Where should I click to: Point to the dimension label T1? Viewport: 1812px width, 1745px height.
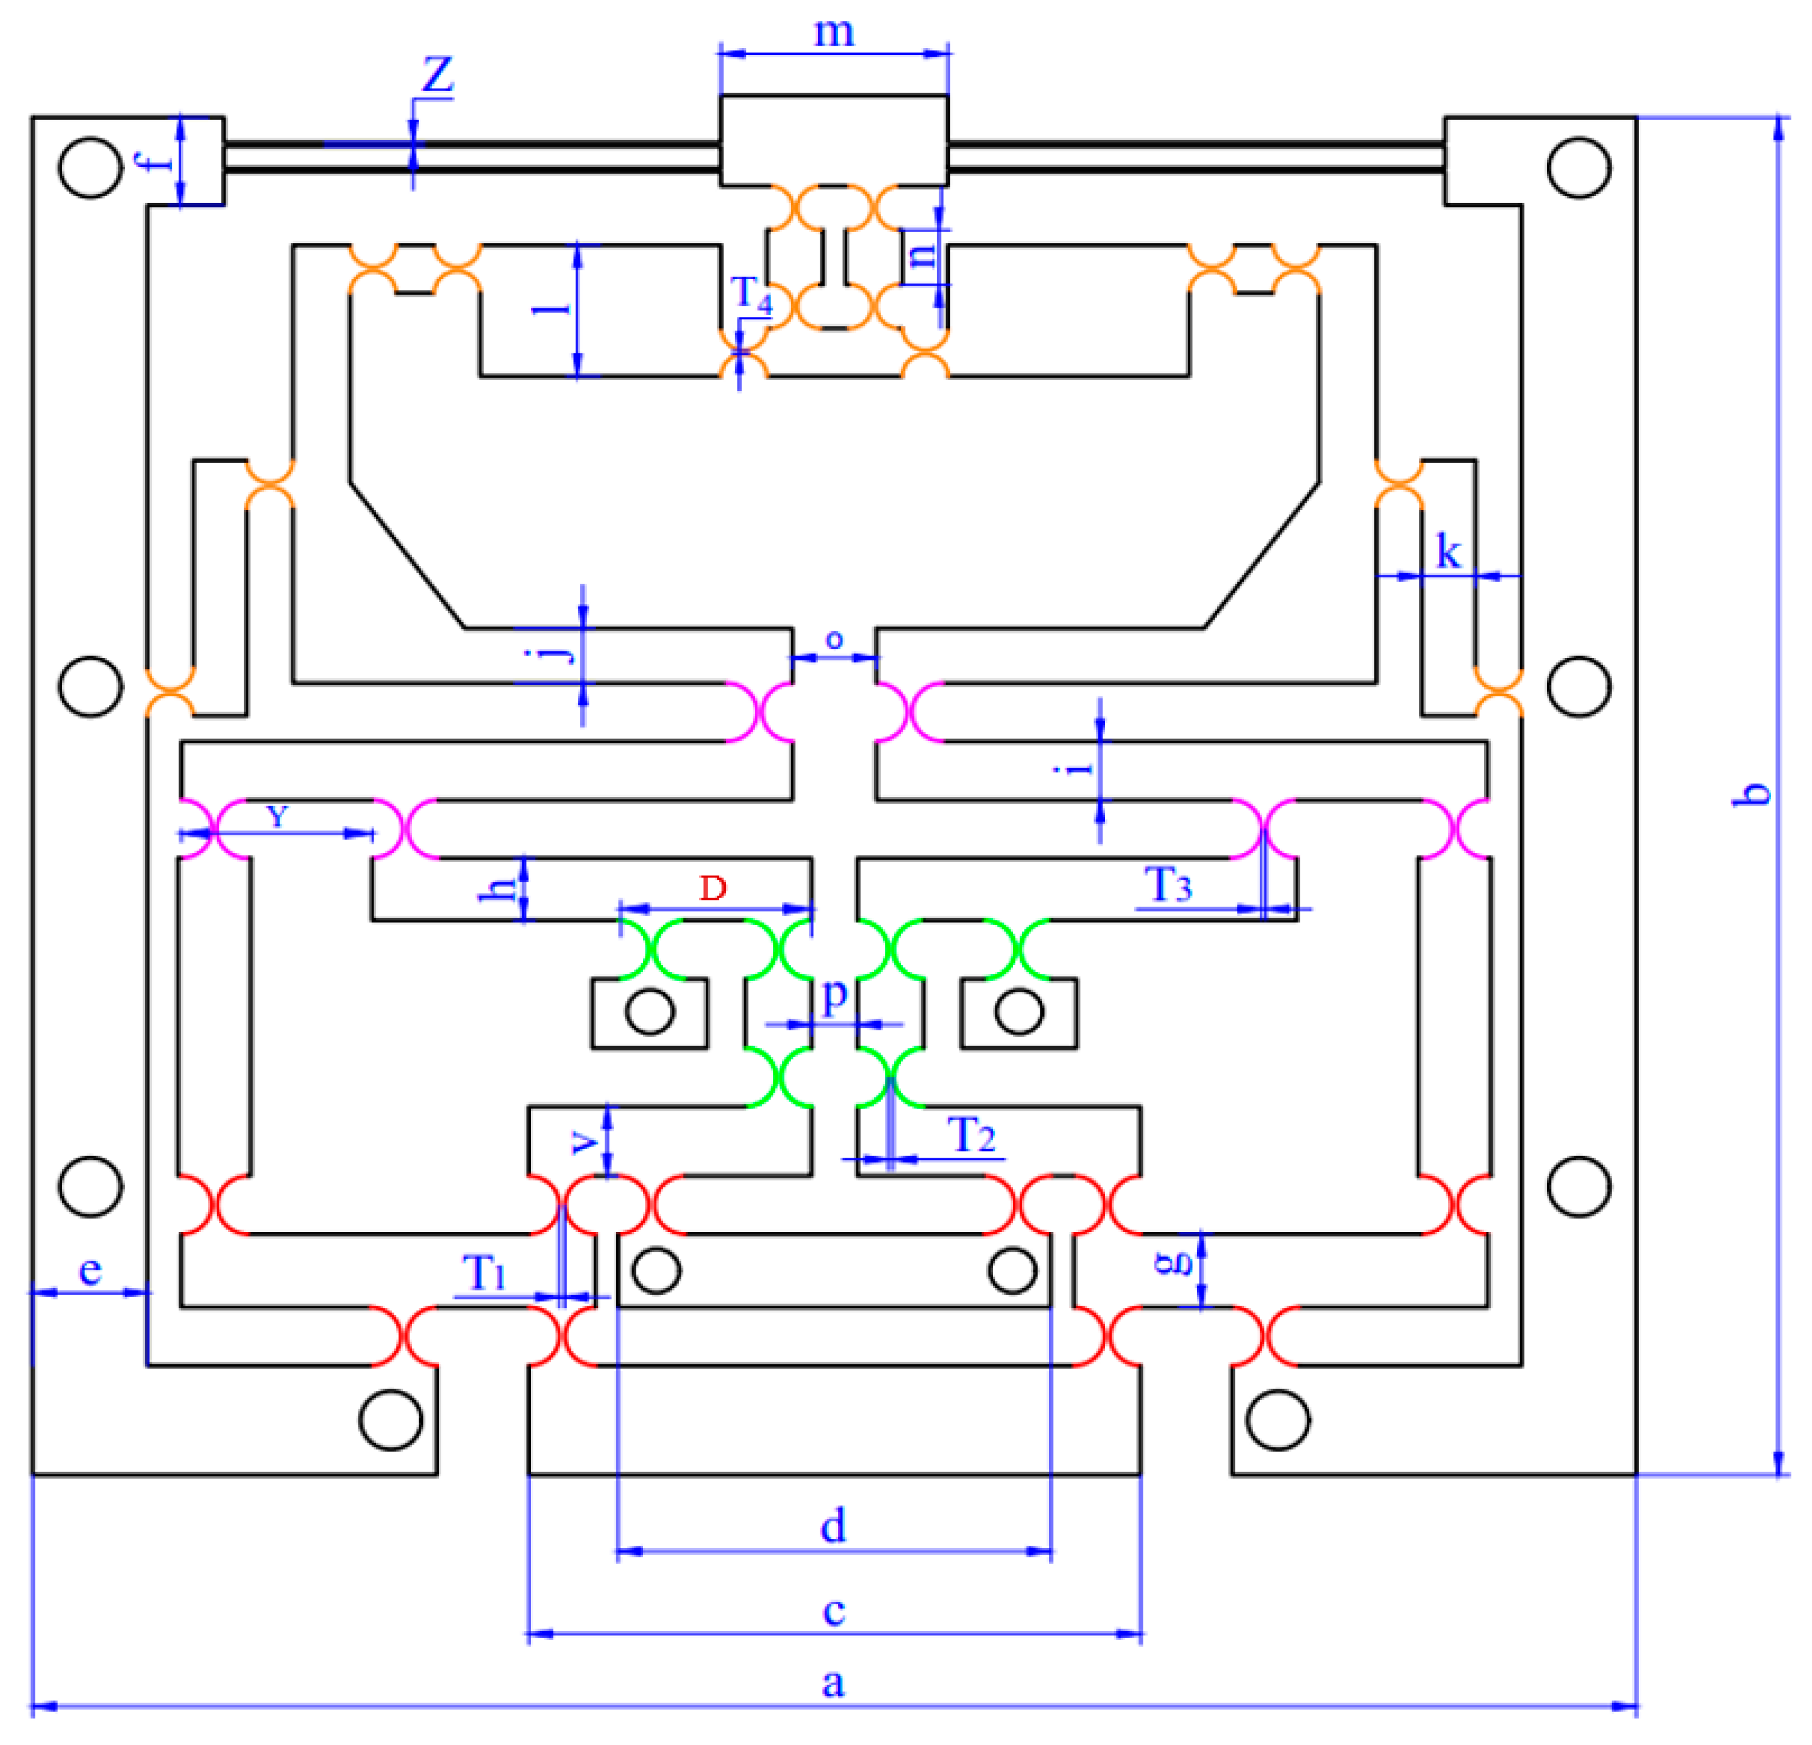pyautogui.click(x=485, y=1273)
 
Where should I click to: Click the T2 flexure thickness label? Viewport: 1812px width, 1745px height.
pyautogui.click(x=971, y=1135)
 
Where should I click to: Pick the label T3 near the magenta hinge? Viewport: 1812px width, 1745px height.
pyautogui.click(x=1168, y=885)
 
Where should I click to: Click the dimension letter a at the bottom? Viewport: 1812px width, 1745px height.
pyautogui.click(x=833, y=1682)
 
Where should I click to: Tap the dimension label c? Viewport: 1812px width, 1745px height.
pyautogui.click(x=833, y=1611)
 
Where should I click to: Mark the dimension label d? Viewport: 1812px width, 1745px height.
pyautogui.click(x=833, y=1526)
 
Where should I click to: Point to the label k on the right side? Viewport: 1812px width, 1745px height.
pyautogui.click(x=1448, y=553)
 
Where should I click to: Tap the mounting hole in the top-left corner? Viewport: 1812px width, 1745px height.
pyautogui.click(x=90, y=168)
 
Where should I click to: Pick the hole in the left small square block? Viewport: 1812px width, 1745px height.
pyautogui.click(x=649, y=1012)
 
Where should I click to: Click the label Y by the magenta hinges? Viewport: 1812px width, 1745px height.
pyautogui.click(x=277, y=815)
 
